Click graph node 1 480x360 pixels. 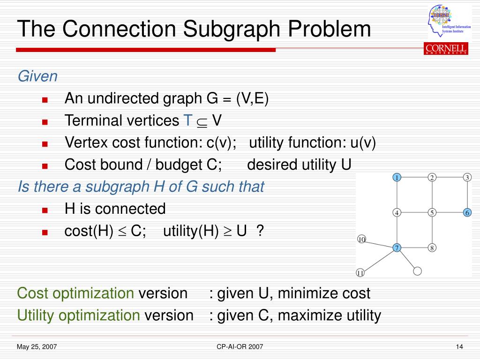click(x=397, y=177)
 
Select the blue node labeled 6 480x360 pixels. click(x=467, y=212)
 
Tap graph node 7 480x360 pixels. click(x=397, y=247)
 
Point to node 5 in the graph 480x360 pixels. click(x=432, y=212)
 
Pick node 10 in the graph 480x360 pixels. click(x=361, y=240)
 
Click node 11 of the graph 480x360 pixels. click(x=360, y=272)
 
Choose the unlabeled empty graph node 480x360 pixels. click(x=418, y=270)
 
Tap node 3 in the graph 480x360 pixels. click(x=467, y=177)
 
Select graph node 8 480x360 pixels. click(x=432, y=247)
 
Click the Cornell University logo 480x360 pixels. click(x=446, y=49)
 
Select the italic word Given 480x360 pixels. click(x=37, y=76)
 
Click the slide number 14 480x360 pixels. click(x=459, y=347)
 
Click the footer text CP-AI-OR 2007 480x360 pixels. click(x=240, y=347)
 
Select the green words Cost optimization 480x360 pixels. click(x=75, y=293)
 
